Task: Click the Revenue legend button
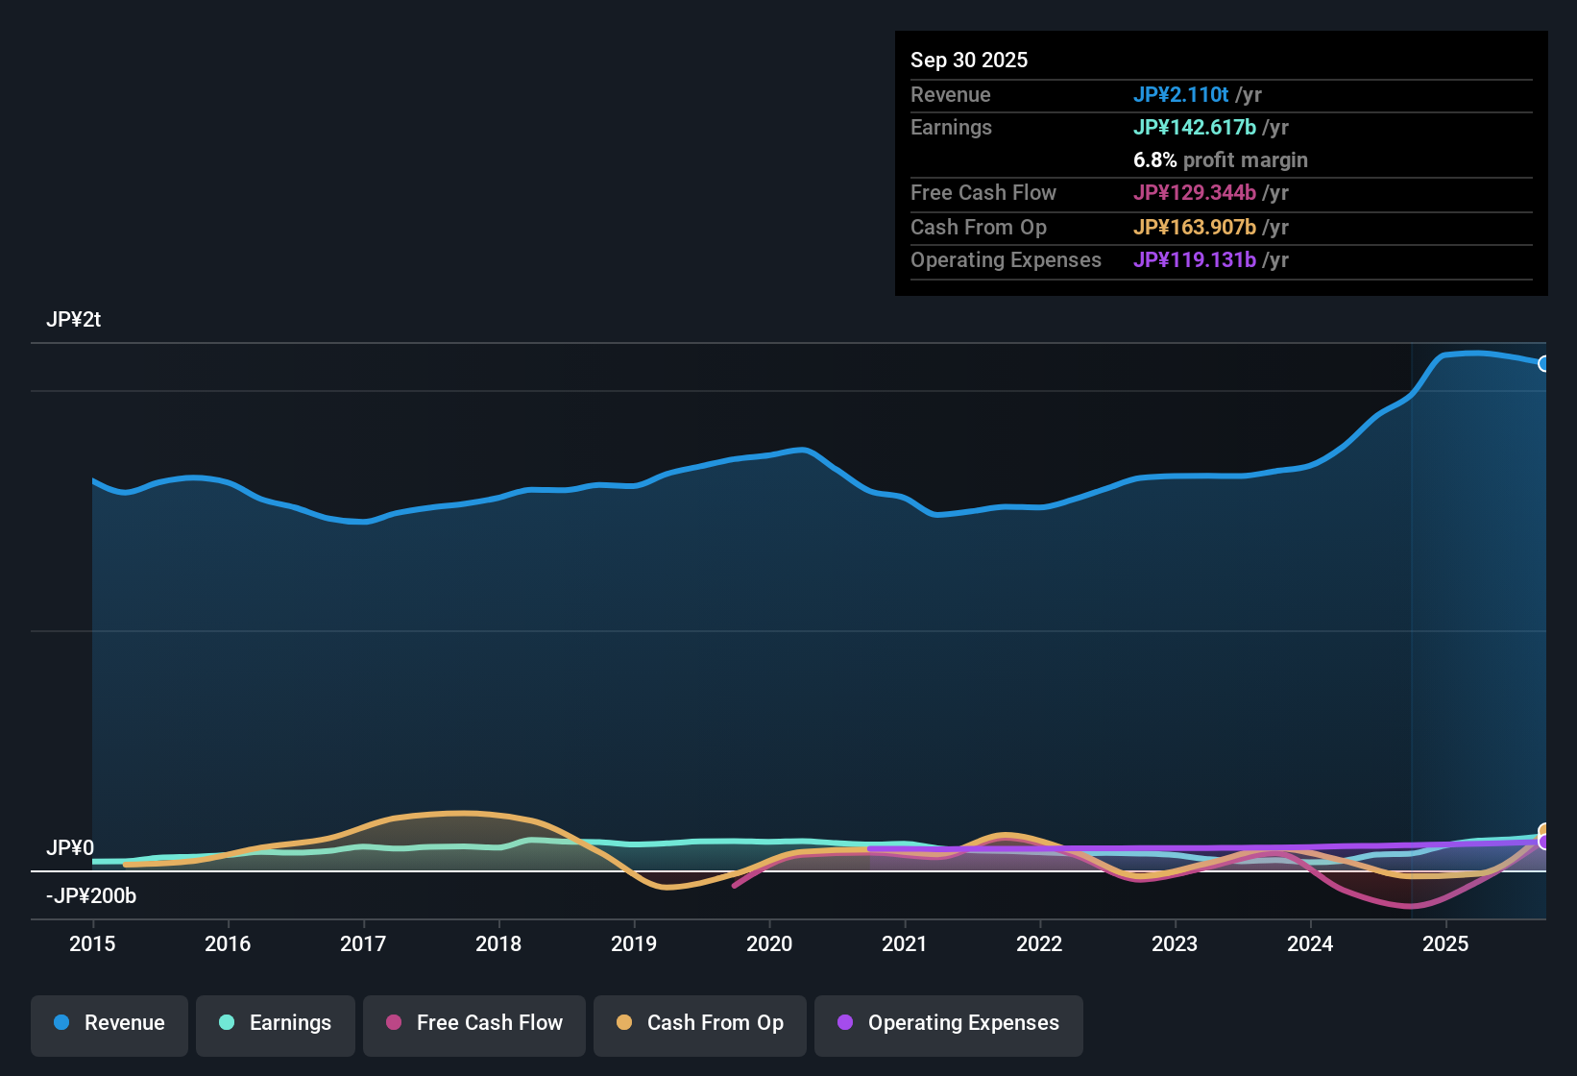(x=109, y=1023)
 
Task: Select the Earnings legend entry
(x=276, y=1023)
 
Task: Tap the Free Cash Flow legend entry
(x=474, y=1023)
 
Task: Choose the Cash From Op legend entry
(x=700, y=1023)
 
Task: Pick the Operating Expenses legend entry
(x=949, y=1023)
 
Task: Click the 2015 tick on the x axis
(x=92, y=943)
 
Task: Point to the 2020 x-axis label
(x=769, y=943)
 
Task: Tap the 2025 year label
(x=1445, y=943)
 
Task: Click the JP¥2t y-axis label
(x=73, y=320)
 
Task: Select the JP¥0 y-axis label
(x=70, y=847)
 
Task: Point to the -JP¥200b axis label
(x=91, y=895)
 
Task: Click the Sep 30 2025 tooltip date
(x=969, y=60)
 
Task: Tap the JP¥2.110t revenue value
(x=1180, y=94)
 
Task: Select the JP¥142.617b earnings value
(x=1194, y=127)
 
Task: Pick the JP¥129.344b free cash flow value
(x=1194, y=192)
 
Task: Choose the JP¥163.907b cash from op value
(x=1194, y=227)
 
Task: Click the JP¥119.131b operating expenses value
(x=1194, y=259)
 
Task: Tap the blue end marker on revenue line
(x=1543, y=364)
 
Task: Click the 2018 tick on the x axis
(x=498, y=943)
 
